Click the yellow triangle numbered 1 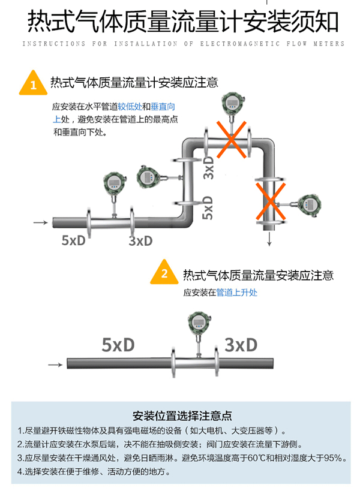[x=33, y=83]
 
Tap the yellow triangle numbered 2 [x=164, y=272]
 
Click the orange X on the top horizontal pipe [x=231, y=139]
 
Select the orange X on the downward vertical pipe [x=271, y=201]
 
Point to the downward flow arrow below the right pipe [x=269, y=239]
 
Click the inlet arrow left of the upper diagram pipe [x=40, y=222]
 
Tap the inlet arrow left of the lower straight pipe [x=55, y=365]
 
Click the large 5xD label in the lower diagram [x=118, y=345]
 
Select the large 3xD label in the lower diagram [x=241, y=345]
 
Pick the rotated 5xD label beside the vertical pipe [x=208, y=207]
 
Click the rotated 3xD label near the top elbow [x=208, y=167]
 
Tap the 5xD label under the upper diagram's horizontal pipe [x=73, y=240]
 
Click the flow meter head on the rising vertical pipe [x=148, y=177]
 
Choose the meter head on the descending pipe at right [x=309, y=205]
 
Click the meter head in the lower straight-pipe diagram [x=199, y=322]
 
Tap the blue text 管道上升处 [x=236, y=293]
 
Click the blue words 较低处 [x=130, y=107]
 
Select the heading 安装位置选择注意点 [x=182, y=416]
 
